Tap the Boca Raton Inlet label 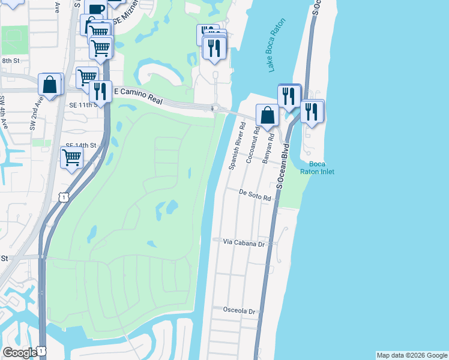(x=318, y=168)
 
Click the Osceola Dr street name (x=240, y=311)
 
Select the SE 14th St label (x=81, y=146)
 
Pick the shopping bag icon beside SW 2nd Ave (x=50, y=85)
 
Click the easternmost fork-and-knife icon (x=312, y=112)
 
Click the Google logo (x=20, y=353)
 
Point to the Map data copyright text (x=412, y=355)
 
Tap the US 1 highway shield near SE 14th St (x=63, y=197)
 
